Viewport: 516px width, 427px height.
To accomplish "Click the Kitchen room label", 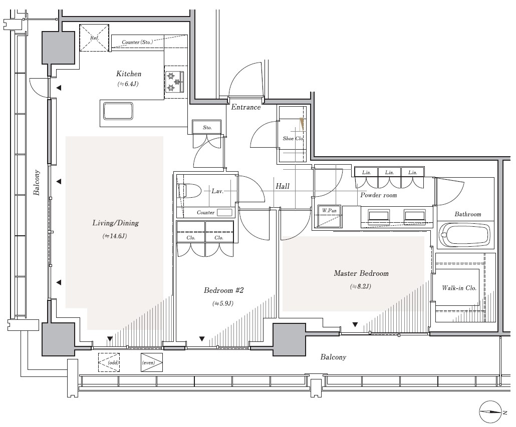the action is pos(129,74).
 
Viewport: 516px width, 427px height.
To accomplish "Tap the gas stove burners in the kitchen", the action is pos(174,82).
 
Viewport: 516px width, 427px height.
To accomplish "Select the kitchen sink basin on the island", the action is pos(118,111).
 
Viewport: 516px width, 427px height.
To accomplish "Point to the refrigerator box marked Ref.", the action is pos(95,38).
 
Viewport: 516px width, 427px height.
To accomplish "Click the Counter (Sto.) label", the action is pos(137,42).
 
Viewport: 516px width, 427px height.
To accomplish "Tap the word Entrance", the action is pos(246,107).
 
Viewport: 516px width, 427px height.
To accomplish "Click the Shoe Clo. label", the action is pos(293,138).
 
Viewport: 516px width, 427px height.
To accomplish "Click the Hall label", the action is pos(283,186).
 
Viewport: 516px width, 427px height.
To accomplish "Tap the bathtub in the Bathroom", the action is pos(465,235).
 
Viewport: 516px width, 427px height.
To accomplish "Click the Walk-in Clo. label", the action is pos(459,288).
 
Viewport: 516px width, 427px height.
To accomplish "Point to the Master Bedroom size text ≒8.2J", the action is pos(361,286).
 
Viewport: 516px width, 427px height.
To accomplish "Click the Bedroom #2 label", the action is pos(224,290).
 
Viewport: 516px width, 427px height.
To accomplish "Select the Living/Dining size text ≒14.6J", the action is pos(115,236).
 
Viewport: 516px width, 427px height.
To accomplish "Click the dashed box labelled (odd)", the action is pos(109,362).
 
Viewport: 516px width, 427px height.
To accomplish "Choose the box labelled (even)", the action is pos(152,362).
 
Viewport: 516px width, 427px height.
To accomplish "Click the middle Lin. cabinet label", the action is pos(390,172).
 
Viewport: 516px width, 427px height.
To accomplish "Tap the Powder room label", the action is pos(378,195).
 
